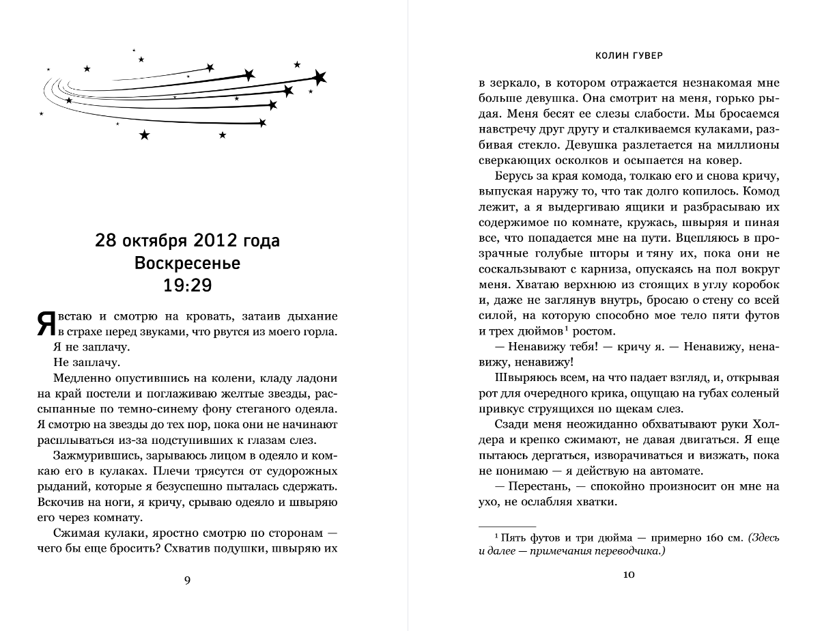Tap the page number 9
point(188,580)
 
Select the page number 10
point(629,575)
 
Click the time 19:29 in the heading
point(188,284)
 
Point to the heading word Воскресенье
point(188,263)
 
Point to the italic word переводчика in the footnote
point(628,552)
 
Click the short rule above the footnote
point(498,525)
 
